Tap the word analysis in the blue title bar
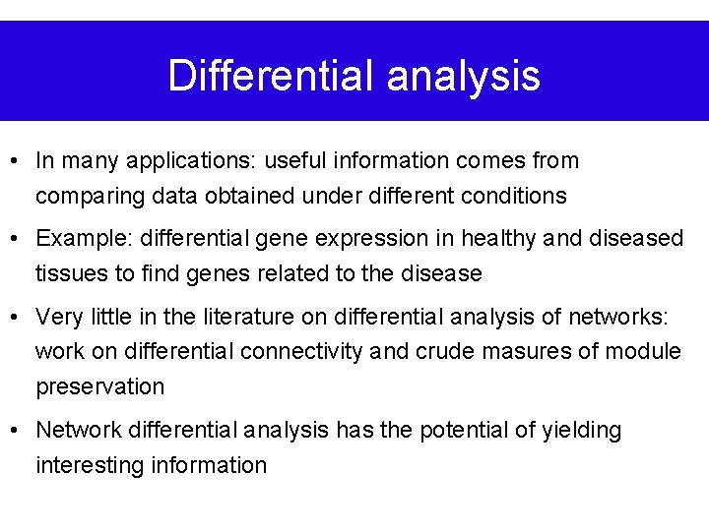tap(463, 76)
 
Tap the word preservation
tap(100, 386)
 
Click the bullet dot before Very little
tap(17, 317)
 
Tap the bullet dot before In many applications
tap(17, 160)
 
